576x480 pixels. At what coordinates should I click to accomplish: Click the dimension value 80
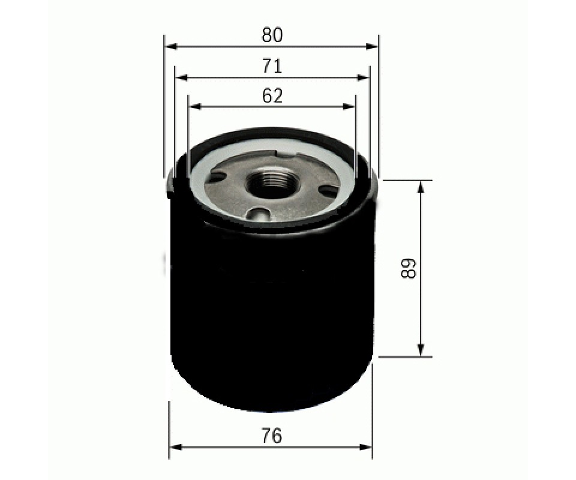(272, 35)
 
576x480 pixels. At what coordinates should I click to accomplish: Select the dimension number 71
(272, 67)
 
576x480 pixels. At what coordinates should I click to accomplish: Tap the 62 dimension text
(272, 96)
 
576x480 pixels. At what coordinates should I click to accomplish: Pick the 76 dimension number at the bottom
(272, 436)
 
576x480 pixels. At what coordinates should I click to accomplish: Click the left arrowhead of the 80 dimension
(171, 47)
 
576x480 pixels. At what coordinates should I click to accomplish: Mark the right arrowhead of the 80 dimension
(372, 47)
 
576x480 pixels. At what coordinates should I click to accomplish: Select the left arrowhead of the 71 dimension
(182, 78)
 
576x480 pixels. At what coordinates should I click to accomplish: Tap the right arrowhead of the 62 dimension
(349, 107)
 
